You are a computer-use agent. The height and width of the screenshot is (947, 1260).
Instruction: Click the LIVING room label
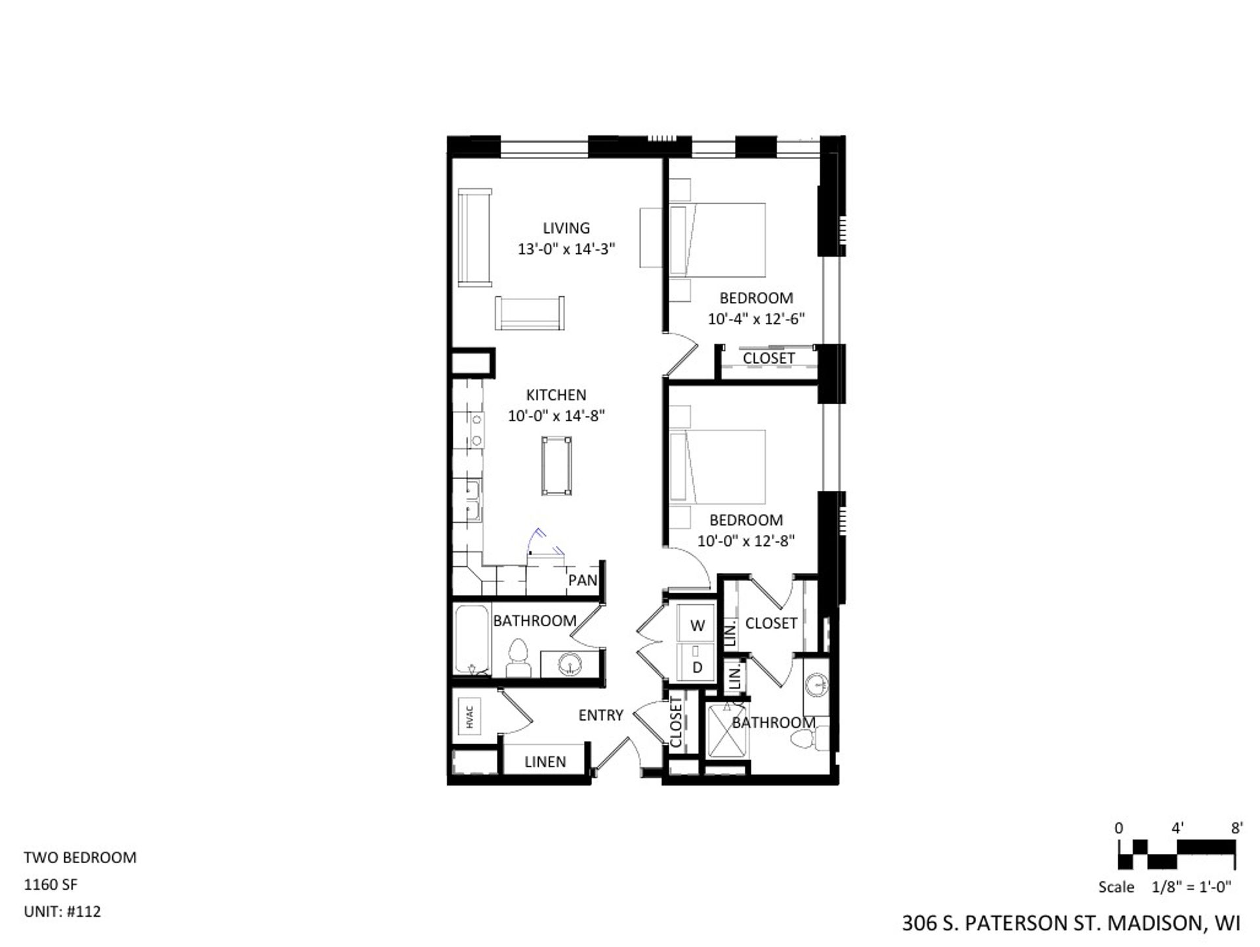pos(566,228)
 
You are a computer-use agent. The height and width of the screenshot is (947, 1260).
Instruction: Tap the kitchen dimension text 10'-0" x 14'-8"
pos(556,416)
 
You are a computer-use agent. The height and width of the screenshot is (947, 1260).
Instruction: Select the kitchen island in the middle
pos(556,465)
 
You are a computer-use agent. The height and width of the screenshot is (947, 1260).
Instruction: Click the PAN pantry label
pos(583,580)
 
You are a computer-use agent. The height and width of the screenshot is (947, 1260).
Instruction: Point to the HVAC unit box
pos(470,715)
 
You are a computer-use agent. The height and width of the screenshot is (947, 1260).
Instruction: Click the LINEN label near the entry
pos(545,762)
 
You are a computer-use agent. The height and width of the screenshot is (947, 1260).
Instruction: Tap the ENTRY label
pos(600,715)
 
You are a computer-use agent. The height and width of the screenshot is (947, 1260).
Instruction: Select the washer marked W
pos(697,625)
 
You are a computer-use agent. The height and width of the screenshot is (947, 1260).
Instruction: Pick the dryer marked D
pos(697,667)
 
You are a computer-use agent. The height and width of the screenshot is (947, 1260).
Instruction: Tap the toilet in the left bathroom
pos(518,658)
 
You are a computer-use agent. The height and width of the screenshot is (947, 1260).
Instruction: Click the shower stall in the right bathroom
pos(725,732)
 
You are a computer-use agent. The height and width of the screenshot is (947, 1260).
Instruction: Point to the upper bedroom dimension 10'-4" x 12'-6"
pos(756,319)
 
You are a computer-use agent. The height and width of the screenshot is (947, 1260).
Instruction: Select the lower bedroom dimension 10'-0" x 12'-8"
pos(745,541)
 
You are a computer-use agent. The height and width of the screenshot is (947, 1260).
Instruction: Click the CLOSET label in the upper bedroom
pos(768,358)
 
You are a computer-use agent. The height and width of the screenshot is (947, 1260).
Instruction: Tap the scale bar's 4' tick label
pos(1177,829)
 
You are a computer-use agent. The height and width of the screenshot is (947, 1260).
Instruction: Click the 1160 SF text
pos(51,885)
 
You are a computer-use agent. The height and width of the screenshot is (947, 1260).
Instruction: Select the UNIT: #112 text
pos(62,912)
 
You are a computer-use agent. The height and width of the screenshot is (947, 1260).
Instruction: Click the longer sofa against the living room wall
pos(474,237)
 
